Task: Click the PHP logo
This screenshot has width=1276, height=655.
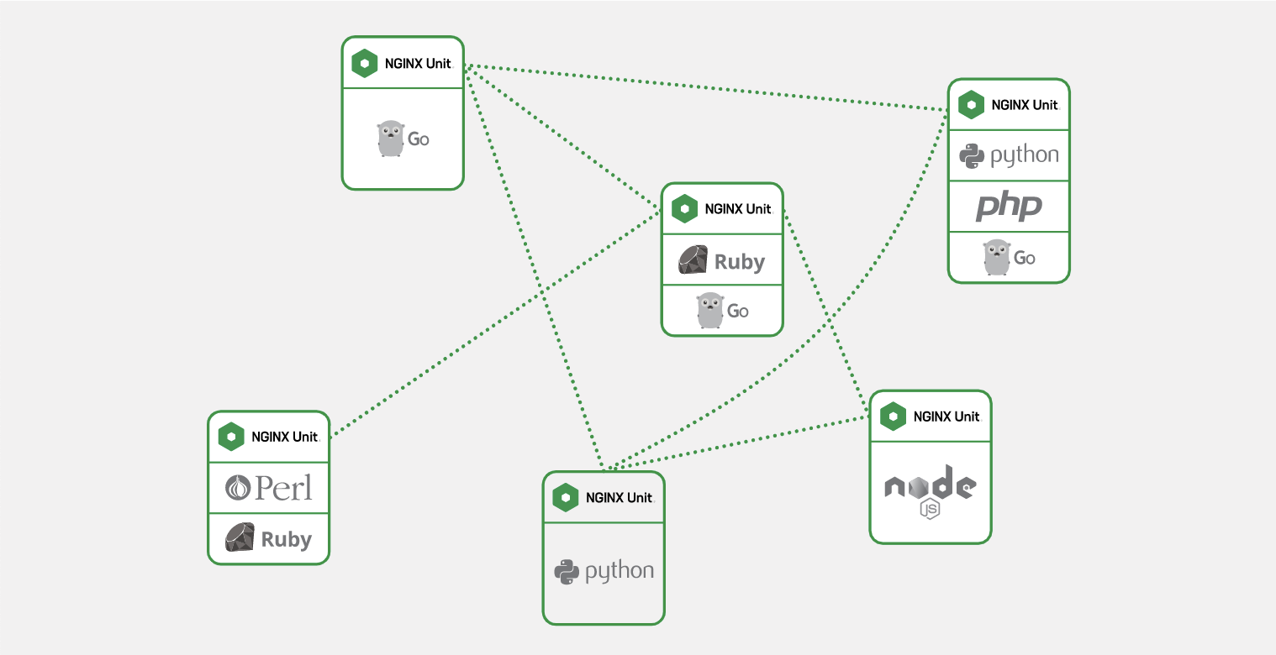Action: (x=1009, y=207)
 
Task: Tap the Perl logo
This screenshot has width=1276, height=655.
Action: (x=269, y=487)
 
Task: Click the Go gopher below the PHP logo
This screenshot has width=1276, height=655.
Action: (x=997, y=257)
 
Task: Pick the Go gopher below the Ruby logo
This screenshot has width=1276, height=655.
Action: (x=710, y=310)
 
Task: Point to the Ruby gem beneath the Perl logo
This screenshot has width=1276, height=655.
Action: (x=240, y=537)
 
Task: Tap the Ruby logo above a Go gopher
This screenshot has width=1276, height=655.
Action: (x=721, y=261)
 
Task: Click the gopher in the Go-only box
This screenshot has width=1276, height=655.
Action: (x=391, y=139)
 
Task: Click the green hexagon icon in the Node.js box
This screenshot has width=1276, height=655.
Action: (x=893, y=417)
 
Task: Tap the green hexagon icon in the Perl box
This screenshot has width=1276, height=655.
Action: (x=231, y=437)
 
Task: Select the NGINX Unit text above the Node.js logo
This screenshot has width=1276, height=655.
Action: (x=946, y=417)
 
